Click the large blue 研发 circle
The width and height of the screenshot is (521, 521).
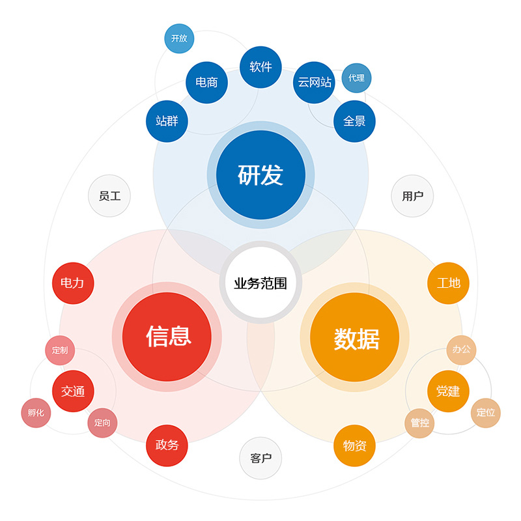tap(261, 175)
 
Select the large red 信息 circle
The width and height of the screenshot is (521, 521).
tap(167, 337)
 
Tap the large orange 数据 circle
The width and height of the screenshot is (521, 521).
tap(354, 337)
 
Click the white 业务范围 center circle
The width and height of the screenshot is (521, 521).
tap(261, 283)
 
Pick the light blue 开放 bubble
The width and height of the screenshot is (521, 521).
tap(179, 38)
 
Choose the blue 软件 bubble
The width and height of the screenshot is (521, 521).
tap(261, 67)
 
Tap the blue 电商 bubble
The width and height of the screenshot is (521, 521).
tap(206, 83)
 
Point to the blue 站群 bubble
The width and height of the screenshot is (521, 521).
tap(167, 121)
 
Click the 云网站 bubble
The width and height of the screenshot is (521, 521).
tap(314, 83)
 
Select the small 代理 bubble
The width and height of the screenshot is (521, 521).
tap(356, 78)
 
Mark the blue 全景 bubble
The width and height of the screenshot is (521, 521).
tap(354, 121)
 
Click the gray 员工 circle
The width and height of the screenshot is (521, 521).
tap(109, 196)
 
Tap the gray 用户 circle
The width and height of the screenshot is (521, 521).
tap(412, 196)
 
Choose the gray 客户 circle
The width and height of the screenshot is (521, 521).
tap(260, 458)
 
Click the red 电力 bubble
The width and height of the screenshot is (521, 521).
tap(73, 283)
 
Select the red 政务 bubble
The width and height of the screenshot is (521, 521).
tap(167, 445)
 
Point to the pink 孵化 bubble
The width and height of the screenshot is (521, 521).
tap(36, 413)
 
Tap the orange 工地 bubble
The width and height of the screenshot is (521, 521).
tap(448, 283)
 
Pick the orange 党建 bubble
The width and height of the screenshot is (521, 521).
tap(448, 391)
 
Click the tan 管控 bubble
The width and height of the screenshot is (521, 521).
tap(419, 423)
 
